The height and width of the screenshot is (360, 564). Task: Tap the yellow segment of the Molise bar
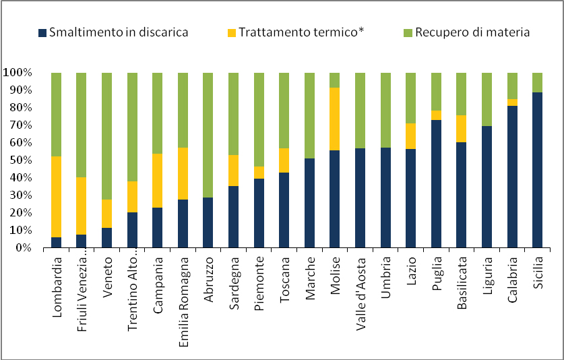[x=335, y=119]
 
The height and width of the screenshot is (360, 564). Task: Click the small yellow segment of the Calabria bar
[x=512, y=102]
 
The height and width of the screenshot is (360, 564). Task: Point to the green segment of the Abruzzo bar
[x=208, y=135]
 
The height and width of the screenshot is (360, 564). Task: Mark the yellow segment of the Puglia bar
[x=437, y=115]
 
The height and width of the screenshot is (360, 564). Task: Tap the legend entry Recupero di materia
[x=472, y=32]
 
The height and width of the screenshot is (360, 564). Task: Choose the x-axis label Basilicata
[x=461, y=284]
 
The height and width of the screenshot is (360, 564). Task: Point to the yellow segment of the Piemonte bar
[x=258, y=173]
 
